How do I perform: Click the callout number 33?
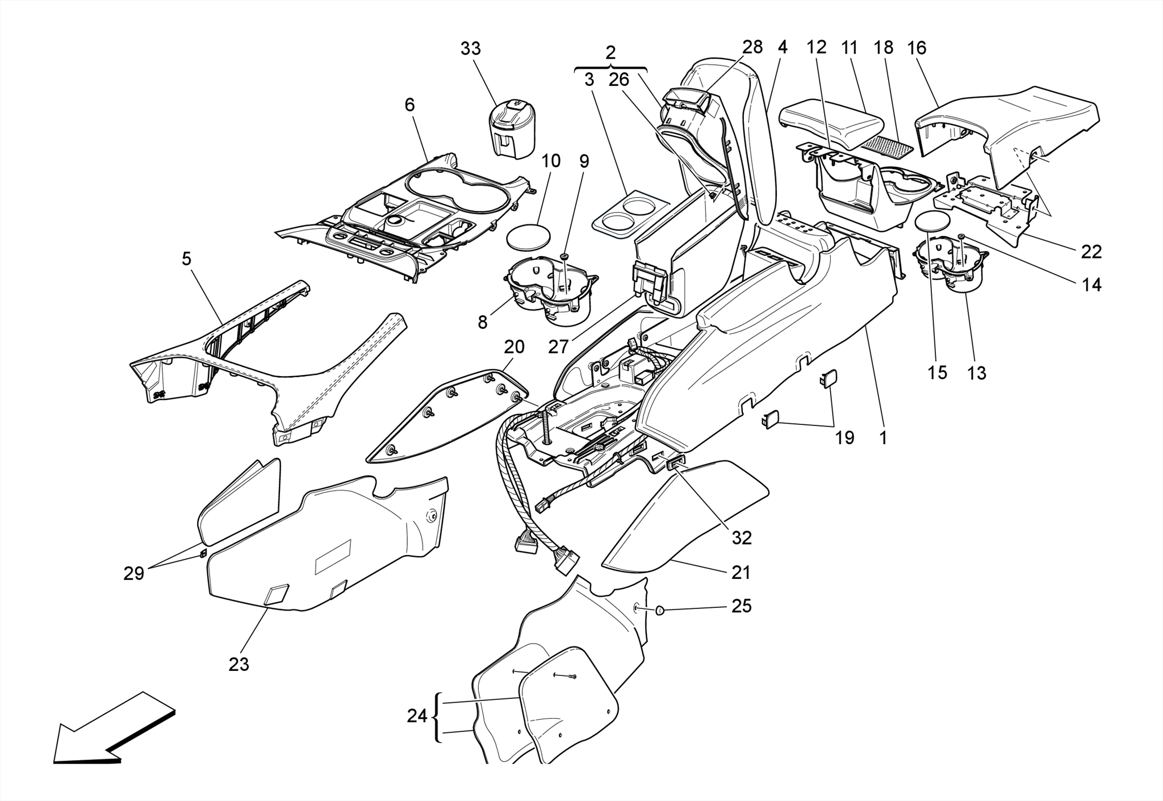[470, 49]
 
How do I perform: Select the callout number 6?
[409, 105]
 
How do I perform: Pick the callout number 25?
[741, 606]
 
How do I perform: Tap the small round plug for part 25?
[660, 610]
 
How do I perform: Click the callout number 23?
[239, 664]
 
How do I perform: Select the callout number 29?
[134, 574]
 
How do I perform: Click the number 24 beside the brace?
[417, 716]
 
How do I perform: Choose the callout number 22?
[1090, 251]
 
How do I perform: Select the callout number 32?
[741, 537]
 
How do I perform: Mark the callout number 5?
[186, 259]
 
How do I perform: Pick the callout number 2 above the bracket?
[610, 53]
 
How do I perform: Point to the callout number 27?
[558, 346]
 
